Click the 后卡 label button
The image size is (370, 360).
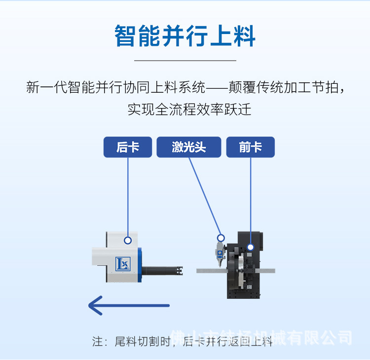pyautogui.click(x=127, y=147)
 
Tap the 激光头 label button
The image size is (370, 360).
pyautogui.click(x=188, y=147)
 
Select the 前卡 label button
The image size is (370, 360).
pyautogui.click(x=250, y=147)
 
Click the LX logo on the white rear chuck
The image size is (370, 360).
pyautogui.click(x=122, y=264)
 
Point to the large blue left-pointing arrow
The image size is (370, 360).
pyautogui.click(x=128, y=305)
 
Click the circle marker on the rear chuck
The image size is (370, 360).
pyautogui.click(x=128, y=241)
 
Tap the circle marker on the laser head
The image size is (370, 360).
pyautogui.click(x=221, y=238)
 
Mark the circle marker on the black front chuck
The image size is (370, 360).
pyautogui.click(x=250, y=247)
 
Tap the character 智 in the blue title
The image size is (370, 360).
pyautogui.click(x=126, y=37)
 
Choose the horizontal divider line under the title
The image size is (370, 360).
pyautogui.click(x=185, y=60)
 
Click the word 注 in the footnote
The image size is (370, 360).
pyautogui.click(x=97, y=341)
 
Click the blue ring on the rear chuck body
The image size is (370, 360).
pyautogui.click(x=141, y=264)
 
